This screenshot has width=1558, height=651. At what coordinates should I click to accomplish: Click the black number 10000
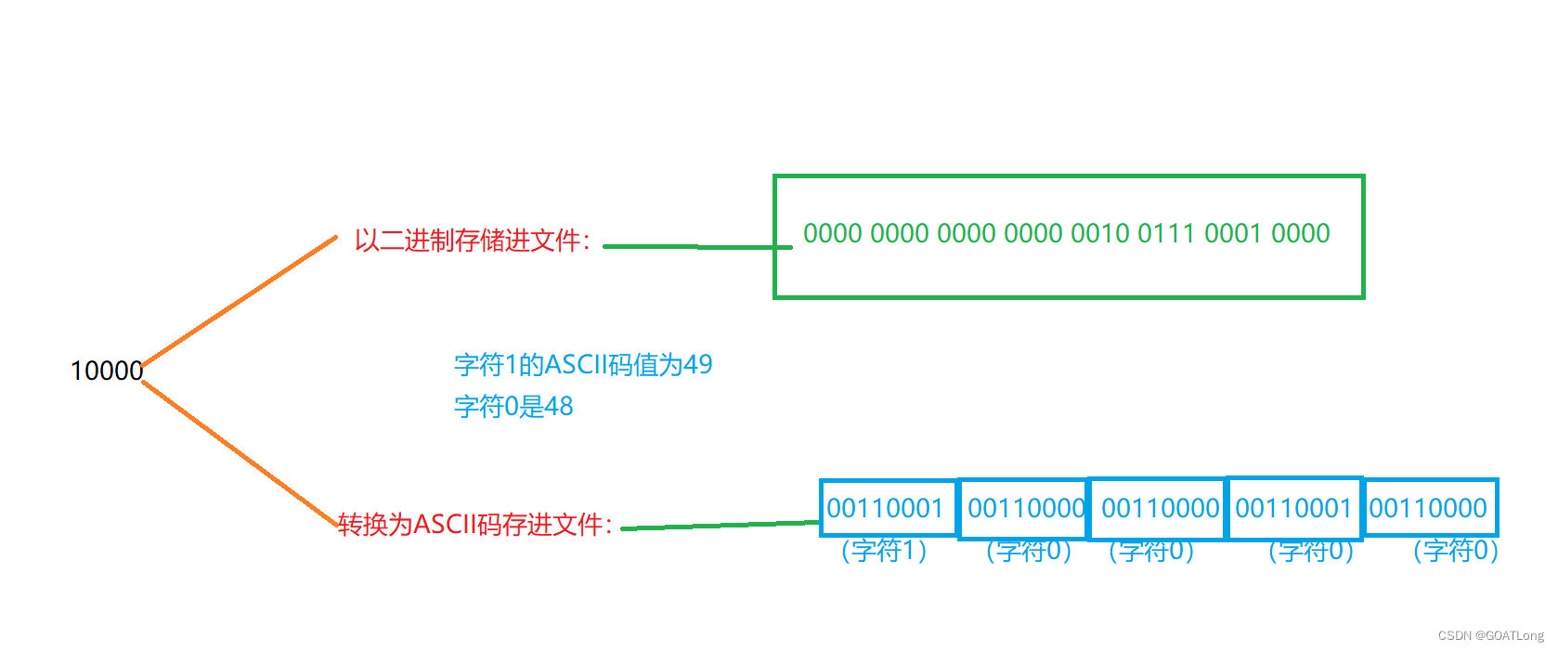click(x=107, y=371)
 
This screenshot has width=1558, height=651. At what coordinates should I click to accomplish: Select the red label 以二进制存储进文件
click(x=472, y=241)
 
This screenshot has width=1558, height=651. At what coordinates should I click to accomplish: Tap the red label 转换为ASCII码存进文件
click(x=474, y=525)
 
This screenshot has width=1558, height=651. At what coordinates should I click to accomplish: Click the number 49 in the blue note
click(x=698, y=364)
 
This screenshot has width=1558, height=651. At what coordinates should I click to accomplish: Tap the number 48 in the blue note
click(x=559, y=406)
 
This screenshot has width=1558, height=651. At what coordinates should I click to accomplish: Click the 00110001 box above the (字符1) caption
click(x=886, y=508)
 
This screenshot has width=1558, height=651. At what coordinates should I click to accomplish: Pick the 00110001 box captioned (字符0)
click(x=1293, y=508)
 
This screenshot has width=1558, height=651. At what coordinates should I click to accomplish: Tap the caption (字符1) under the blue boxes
click(x=884, y=551)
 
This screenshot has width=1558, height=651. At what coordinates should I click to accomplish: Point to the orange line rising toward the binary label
click(x=240, y=301)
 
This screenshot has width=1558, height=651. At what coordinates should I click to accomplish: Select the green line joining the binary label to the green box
click(x=696, y=246)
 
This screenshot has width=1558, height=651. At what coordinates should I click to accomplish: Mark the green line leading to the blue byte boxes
click(x=720, y=526)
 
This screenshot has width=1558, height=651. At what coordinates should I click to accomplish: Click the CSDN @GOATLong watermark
click(x=1490, y=636)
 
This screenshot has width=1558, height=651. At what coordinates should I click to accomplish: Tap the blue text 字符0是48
click(x=513, y=406)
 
